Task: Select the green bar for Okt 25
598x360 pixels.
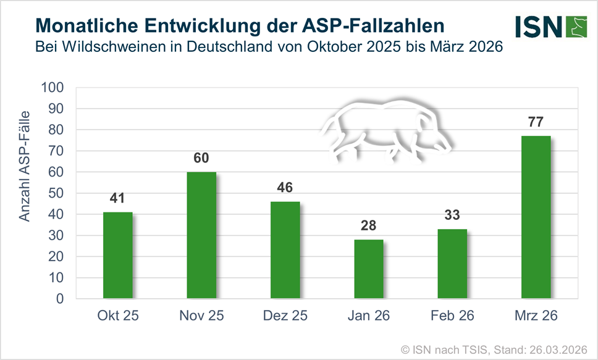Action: pyautogui.click(x=118, y=255)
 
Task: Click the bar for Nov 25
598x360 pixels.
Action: pyautogui.click(x=201, y=235)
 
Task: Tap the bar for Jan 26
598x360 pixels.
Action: pyautogui.click(x=369, y=269)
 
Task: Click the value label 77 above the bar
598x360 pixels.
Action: pyautogui.click(x=536, y=121)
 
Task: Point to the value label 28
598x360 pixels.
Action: pyautogui.click(x=369, y=225)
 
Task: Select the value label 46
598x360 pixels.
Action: pyautogui.click(x=285, y=187)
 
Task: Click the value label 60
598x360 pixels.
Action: pyautogui.click(x=201, y=157)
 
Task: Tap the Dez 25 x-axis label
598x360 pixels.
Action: pyautogui.click(x=285, y=316)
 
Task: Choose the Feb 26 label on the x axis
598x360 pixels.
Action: pyautogui.click(x=452, y=316)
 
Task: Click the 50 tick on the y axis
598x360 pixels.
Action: pyautogui.click(x=56, y=193)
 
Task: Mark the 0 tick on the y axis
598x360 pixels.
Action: pyautogui.click(x=60, y=299)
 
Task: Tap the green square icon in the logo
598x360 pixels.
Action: pyautogui.click(x=575, y=26)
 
